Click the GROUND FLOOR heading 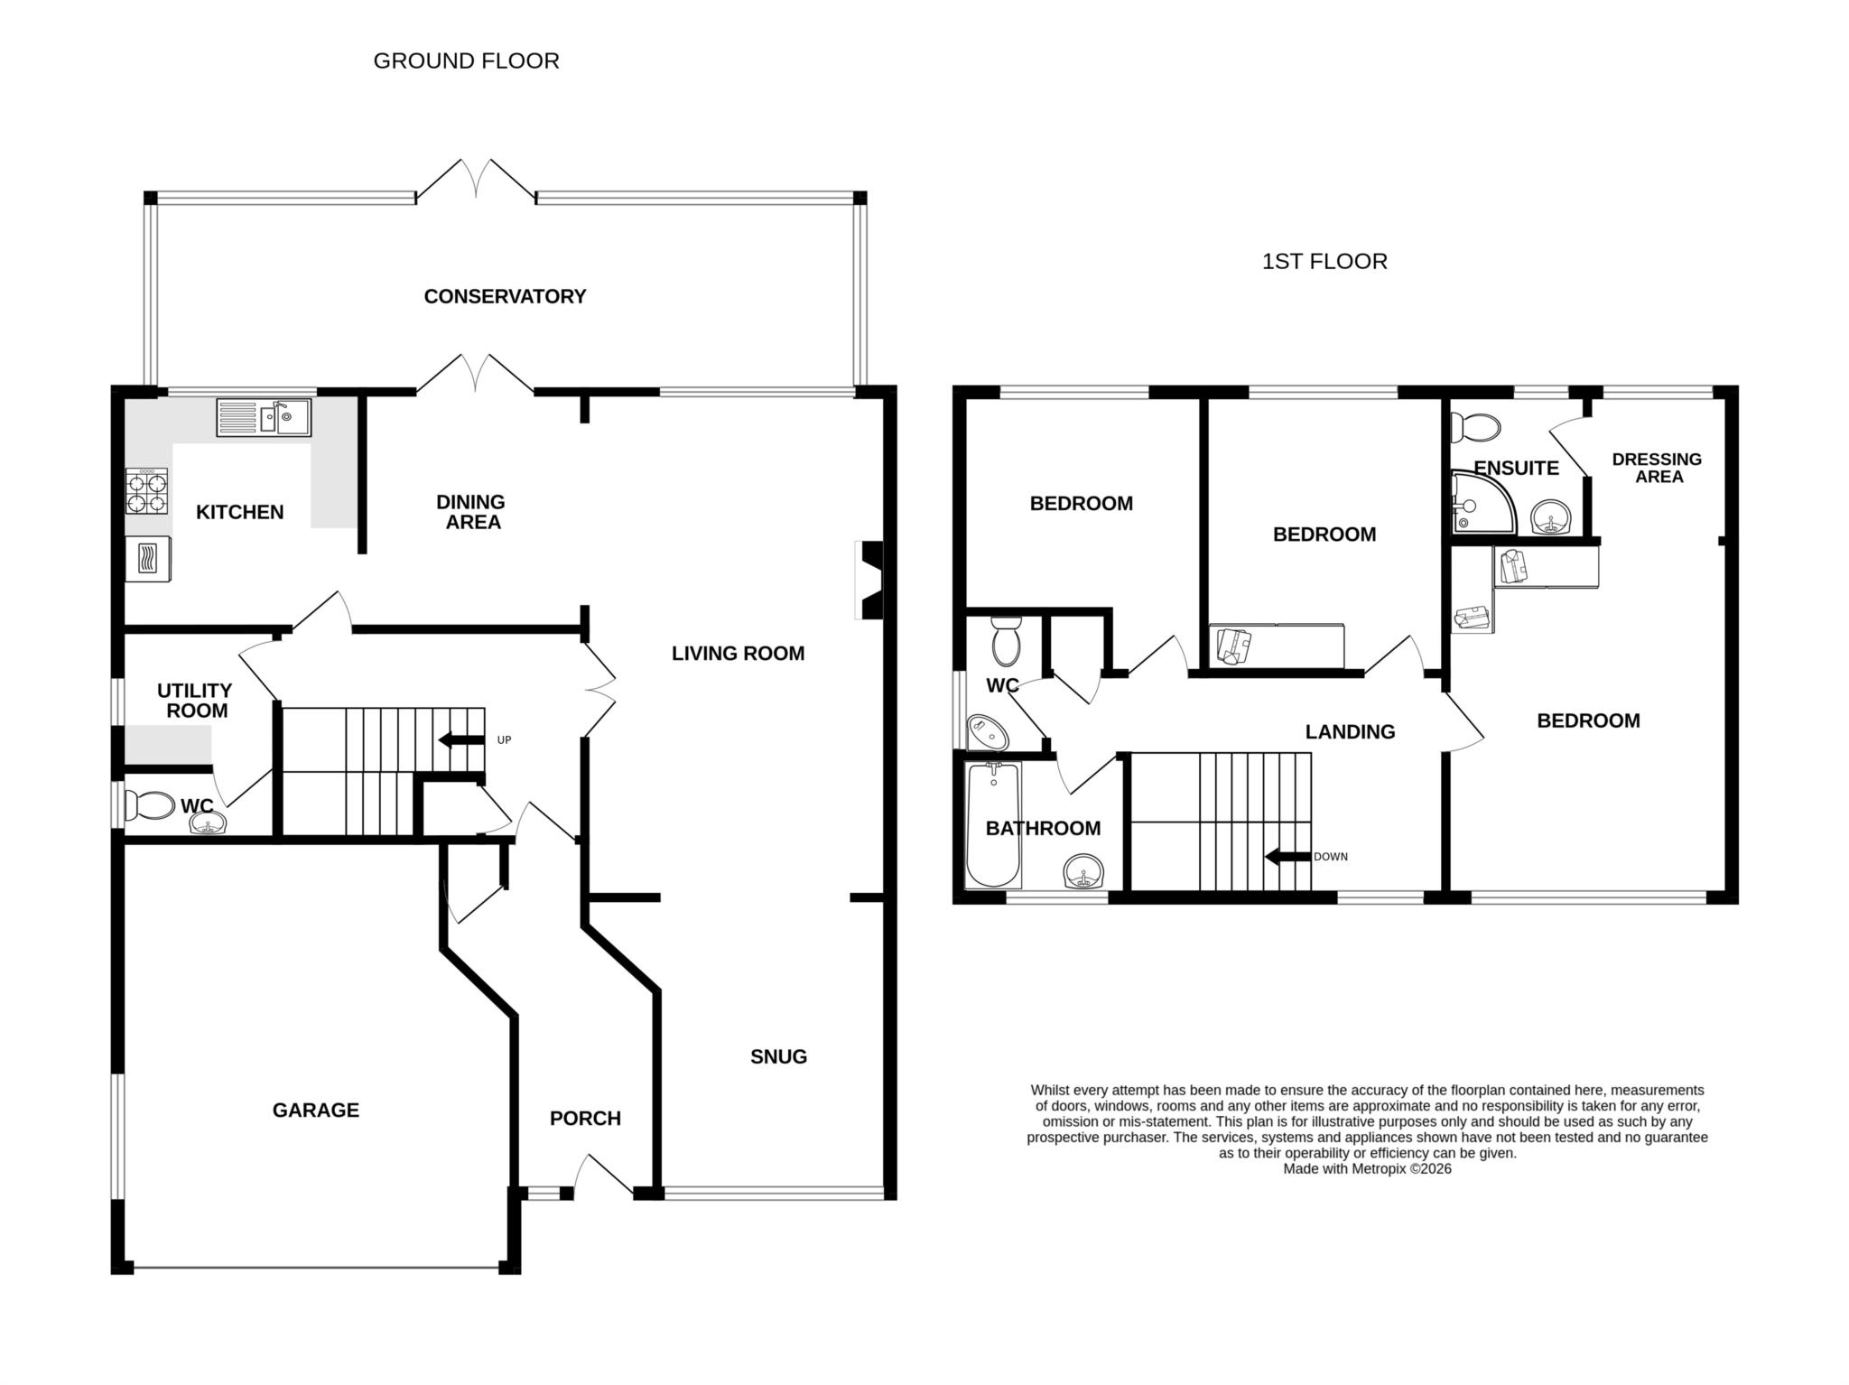click(466, 60)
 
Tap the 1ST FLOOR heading click(1324, 262)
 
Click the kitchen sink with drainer click(263, 417)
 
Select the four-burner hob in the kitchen click(147, 492)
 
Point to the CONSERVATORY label click(505, 296)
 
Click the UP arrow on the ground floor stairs click(461, 740)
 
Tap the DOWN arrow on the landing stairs click(1287, 856)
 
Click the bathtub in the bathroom click(993, 824)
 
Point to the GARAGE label click(315, 1110)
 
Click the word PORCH click(585, 1118)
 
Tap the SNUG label click(778, 1056)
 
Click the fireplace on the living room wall click(870, 580)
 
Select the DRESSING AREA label click(1657, 468)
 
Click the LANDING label click(1350, 731)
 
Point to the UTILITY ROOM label click(195, 701)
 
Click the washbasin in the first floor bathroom click(1082, 872)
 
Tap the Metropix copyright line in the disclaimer click(1367, 1168)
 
